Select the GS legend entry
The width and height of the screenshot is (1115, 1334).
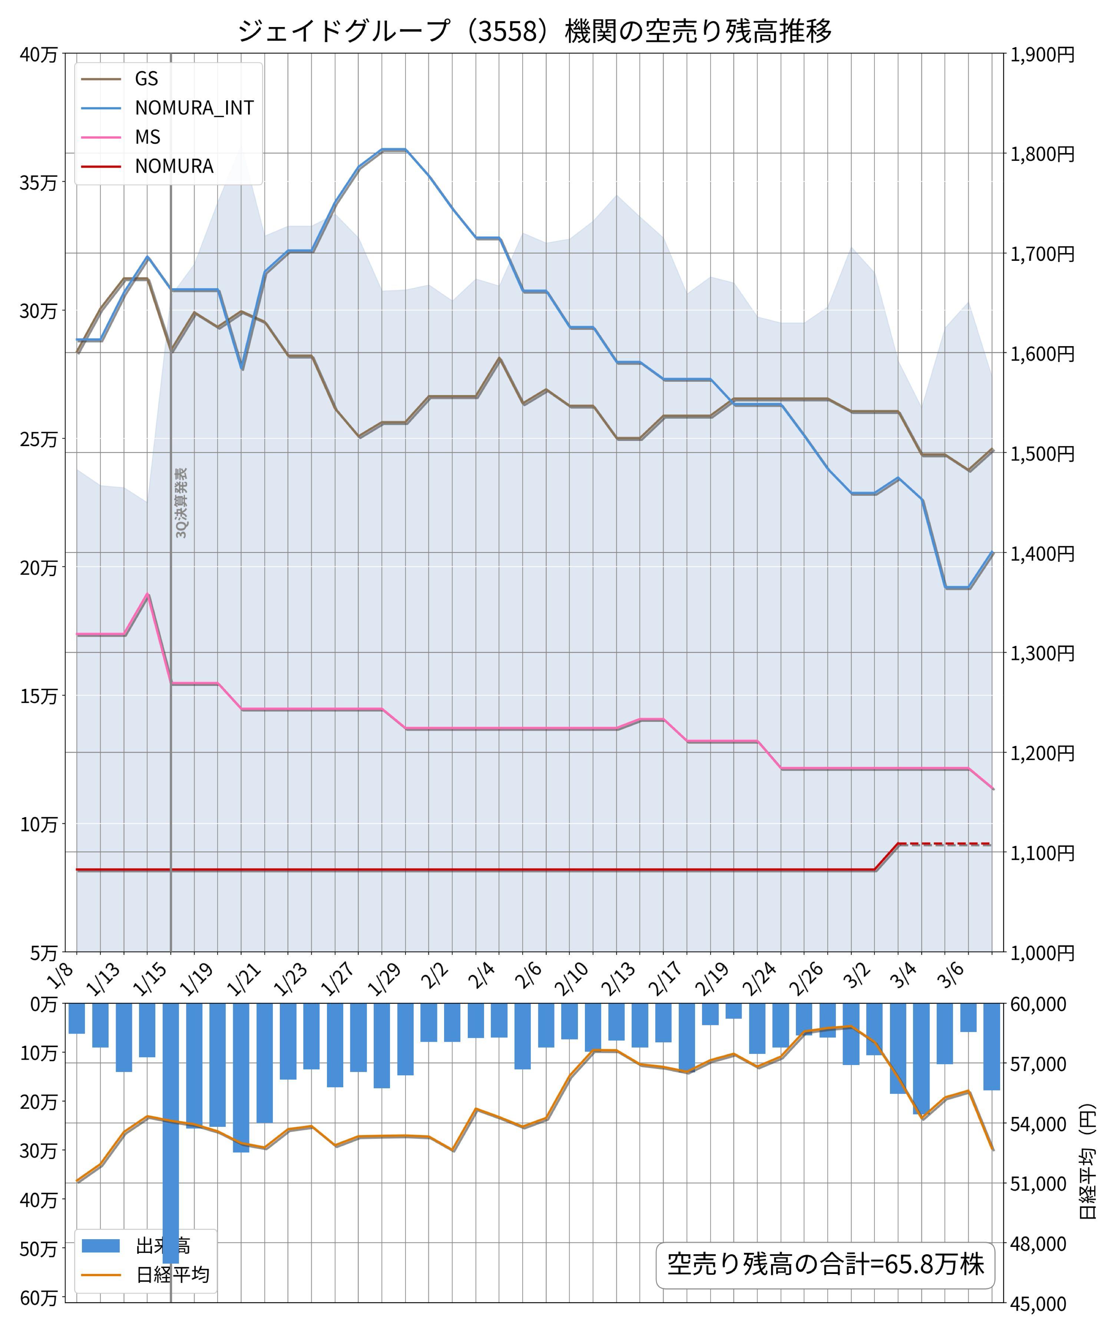coord(146,78)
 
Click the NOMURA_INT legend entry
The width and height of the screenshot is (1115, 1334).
coord(194,107)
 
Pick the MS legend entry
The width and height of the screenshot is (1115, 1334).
coord(148,137)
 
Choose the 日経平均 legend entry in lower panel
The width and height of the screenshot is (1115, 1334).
coord(172,1275)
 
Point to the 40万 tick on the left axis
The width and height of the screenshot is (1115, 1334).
coord(38,54)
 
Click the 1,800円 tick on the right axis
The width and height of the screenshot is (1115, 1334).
coord(1042,154)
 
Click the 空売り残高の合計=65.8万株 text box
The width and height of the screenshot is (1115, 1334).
coord(825,1264)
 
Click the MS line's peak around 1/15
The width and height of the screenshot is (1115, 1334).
coord(148,595)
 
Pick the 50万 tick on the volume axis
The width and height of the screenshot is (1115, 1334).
coord(38,1249)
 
